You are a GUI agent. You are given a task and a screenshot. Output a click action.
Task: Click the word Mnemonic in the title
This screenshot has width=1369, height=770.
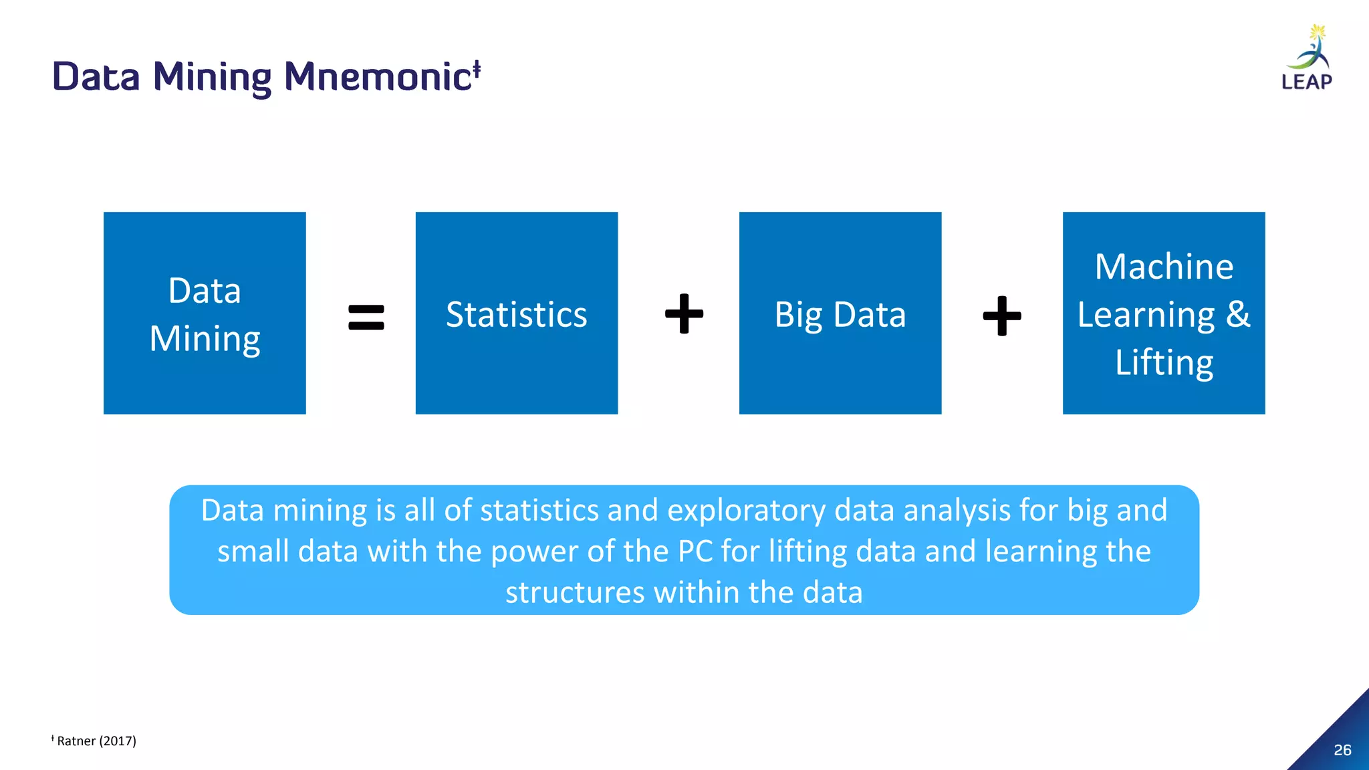(x=378, y=76)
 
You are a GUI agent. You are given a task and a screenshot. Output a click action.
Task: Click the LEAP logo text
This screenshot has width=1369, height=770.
(x=1307, y=82)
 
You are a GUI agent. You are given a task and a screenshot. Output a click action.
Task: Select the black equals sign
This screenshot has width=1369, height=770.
(x=366, y=317)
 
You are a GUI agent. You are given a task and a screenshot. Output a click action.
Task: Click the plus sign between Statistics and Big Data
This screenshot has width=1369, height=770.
(x=684, y=313)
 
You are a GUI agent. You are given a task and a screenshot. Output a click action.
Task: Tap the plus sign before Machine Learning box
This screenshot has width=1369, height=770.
(x=1001, y=315)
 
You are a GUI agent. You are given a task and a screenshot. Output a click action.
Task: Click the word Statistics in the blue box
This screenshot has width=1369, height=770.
(x=516, y=315)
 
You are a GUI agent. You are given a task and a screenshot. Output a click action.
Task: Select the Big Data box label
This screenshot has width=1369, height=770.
(x=840, y=315)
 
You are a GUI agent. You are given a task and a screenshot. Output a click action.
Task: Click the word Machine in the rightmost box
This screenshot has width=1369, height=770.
(x=1164, y=267)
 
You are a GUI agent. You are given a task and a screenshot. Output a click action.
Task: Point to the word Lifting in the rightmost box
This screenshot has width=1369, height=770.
(x=1164, y=363)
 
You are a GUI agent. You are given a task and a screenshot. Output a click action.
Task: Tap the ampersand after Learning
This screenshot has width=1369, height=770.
(x=1238, y=314)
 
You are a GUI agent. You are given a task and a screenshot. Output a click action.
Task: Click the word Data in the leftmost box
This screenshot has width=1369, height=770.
(x=205, y=291)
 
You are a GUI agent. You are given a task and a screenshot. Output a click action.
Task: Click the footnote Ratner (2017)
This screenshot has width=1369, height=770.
(x=96, y=741)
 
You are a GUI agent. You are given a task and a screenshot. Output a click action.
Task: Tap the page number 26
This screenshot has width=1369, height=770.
(x=1342, y=750)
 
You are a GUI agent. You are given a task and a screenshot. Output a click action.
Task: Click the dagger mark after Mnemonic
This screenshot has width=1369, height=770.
(x=477, y=68)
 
